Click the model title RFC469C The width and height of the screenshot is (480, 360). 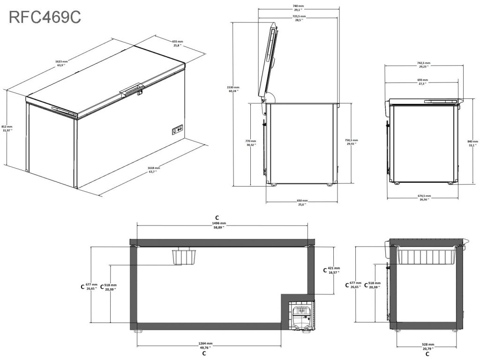[45, 17]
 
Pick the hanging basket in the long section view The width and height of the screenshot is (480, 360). [183, 256]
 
